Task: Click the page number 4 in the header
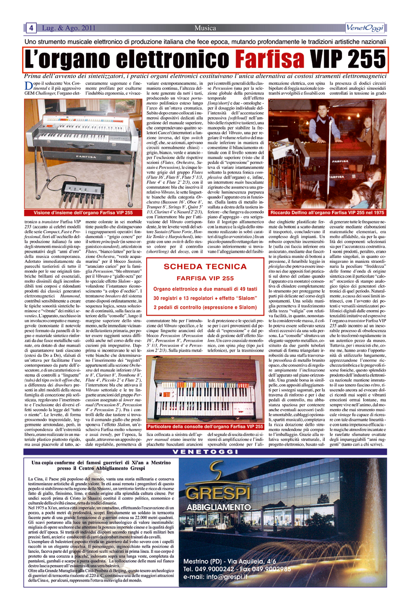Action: tap(31, 28)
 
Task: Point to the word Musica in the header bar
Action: tap(205, 28)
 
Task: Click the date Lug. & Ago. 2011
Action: tap(69, 28)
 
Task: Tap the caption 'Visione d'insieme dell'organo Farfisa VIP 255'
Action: tap(83, 213)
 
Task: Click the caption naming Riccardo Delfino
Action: tap(327, 213)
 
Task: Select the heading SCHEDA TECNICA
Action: tap(206, 266)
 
